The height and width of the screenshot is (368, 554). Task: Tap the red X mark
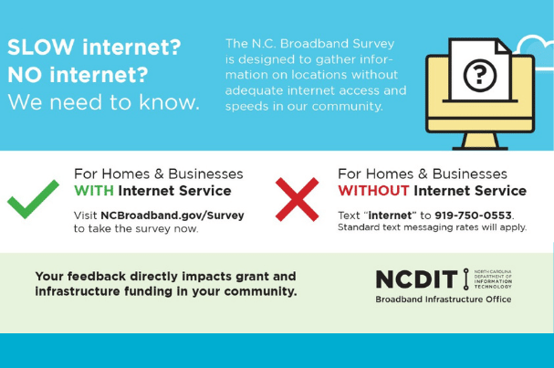click(x=298, y=199)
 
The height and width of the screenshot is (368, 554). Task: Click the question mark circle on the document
click(x=480, y=75)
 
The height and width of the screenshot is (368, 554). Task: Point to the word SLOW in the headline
click(x=41, y=47)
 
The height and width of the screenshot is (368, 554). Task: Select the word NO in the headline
click(x=26, y=75)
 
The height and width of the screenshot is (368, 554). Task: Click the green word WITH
click(x=94, y=191)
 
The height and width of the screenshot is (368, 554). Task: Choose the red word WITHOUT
click(x=373, y=191)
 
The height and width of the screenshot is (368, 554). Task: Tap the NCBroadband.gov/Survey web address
click(x=172, y=216)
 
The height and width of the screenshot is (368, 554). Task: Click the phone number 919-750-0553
click(x=474, y=216)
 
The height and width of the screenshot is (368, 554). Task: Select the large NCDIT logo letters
click(x=416, y=279)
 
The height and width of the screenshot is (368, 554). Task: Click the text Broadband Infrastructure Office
click(x=444, y=300)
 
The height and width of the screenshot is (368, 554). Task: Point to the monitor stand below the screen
click(x=480, y=142)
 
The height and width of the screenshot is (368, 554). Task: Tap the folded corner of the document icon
click(x=503, y=47)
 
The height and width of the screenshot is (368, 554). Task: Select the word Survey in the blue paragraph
click(x=373, y=44)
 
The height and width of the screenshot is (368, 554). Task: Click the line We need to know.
click(x=103, y=102)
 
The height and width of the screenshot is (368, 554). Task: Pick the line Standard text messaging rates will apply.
click(x=432, y=227)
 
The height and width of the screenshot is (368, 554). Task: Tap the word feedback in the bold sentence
click(x=97, y=276)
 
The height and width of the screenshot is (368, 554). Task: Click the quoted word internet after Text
click(x=390, y=216)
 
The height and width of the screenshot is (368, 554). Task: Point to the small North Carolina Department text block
click(x=493, y=279)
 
